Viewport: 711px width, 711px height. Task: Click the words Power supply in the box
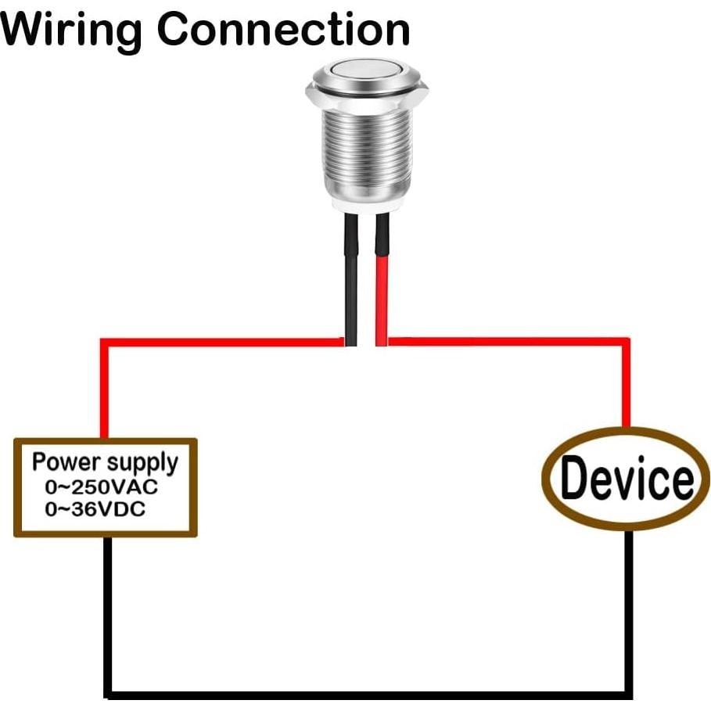click(105, 461)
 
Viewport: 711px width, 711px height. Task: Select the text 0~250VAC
click(102, 487)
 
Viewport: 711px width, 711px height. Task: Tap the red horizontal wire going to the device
click(508, 342)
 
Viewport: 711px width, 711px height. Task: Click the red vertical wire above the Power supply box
click(103, 391)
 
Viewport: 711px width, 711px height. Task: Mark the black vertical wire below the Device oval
click(627, 610)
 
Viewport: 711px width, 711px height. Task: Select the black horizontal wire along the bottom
click(368, 693)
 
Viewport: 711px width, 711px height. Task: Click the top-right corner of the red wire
click(626, 343)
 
